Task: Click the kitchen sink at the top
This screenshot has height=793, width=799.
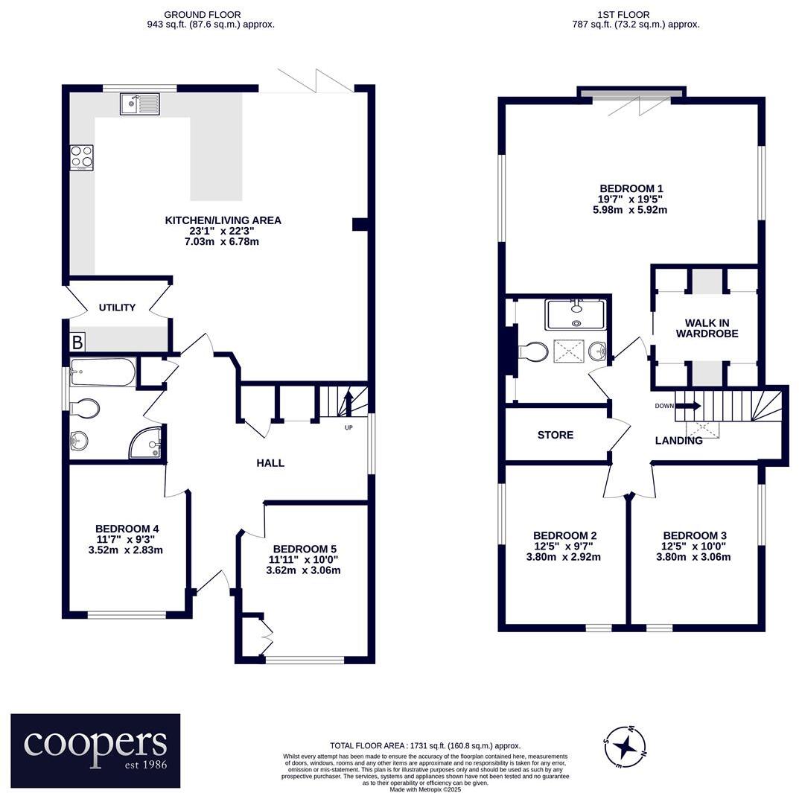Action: pos(140,104)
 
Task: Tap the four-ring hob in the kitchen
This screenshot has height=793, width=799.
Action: pos(82,157)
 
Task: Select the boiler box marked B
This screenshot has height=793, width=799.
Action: pos(77,343)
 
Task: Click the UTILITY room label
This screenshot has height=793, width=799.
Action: pos(118,308)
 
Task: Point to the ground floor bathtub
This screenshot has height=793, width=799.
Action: pos(104,372)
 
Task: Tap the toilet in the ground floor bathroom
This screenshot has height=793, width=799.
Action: pos(84,407)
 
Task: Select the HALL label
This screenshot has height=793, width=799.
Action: pos(270,463)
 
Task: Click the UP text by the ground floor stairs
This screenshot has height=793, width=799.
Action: pos(348,428)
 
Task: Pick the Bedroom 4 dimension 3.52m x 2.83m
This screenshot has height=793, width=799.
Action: pos(126,550)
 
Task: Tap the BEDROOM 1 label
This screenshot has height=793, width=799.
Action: pos(631,188)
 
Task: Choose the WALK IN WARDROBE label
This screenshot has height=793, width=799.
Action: pos(707,328)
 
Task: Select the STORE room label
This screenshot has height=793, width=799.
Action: pos(556,435)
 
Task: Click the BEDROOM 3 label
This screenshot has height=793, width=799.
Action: pos(694,535)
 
